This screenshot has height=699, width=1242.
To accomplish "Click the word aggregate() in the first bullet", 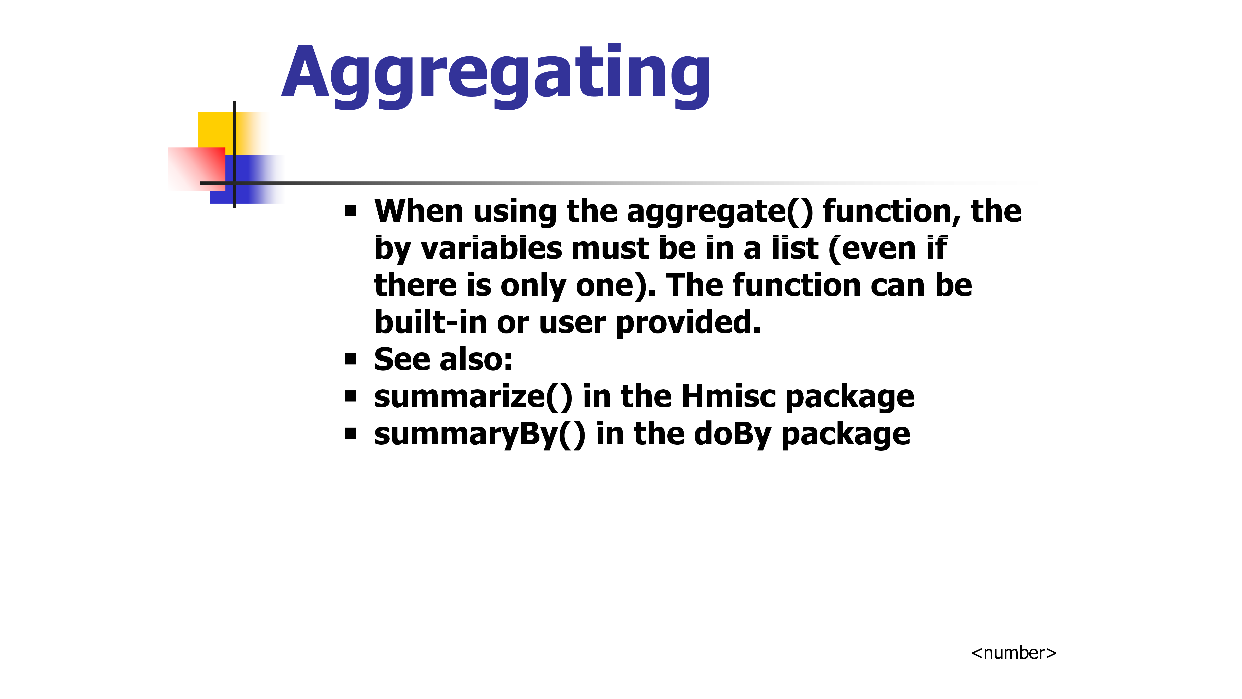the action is coord(719,212).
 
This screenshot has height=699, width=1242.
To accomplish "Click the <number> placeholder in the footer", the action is coord(1013,653).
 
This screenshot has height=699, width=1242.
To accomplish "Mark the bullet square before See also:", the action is coord(350,359).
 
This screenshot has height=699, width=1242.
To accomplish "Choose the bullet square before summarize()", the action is coord(350,397).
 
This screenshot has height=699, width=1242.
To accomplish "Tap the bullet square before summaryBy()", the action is coord(350,434).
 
